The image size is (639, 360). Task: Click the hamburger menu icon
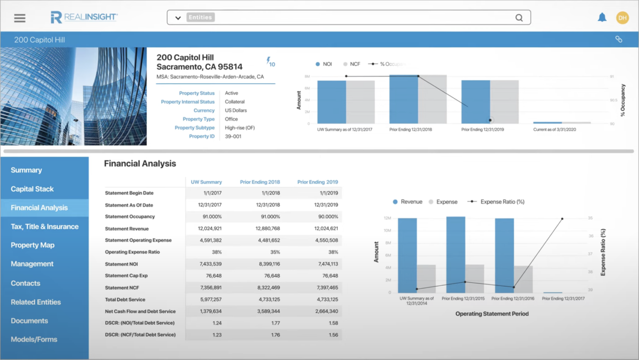point(20,18)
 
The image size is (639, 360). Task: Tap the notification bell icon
point(602,17)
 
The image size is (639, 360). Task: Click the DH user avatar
point(622,17)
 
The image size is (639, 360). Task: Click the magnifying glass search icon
point(519,18)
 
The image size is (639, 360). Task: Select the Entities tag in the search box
point(200,17)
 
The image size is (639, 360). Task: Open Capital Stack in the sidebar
point(32,189)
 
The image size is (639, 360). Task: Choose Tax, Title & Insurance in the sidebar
point(45,226)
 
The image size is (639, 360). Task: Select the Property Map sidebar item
point(32,245)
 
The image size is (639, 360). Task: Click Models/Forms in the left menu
point(34,339)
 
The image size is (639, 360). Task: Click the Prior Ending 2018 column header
point(260,182)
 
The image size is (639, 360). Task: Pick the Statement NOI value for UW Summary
point(211,264)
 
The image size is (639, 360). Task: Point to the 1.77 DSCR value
point(275,323)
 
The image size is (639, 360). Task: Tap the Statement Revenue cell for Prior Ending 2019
point(326,228)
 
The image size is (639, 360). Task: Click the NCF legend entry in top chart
point(352,64)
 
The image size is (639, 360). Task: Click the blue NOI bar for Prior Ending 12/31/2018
point(404,100)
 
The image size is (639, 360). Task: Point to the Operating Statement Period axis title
point(492,314)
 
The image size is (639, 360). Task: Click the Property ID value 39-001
point(233,137)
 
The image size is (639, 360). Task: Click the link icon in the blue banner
point(619,39)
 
